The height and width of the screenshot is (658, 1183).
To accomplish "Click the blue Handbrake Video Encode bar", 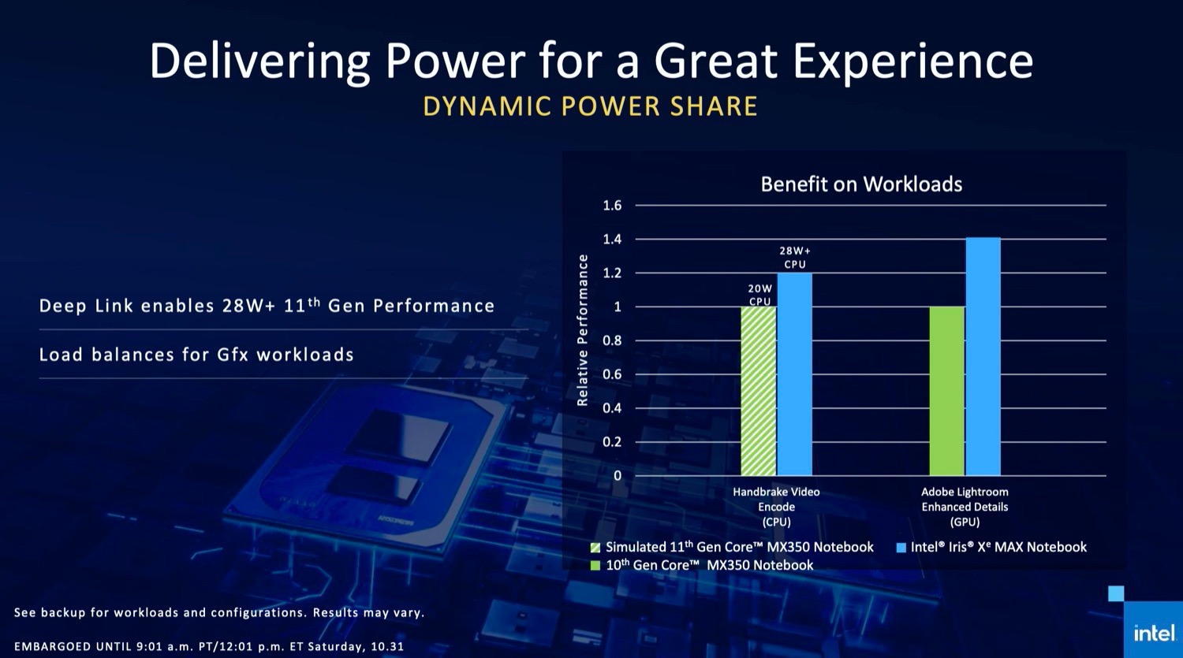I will click(794, 374).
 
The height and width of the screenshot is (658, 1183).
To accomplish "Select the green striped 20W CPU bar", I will click(759, 391).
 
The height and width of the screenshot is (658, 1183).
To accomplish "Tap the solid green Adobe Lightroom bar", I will click(946, 391).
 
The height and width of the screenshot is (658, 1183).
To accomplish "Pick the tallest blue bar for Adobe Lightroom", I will click(983, 356).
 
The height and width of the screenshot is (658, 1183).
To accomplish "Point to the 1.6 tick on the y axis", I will click(612, 206).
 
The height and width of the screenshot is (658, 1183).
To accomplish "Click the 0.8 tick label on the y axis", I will click(612, 340).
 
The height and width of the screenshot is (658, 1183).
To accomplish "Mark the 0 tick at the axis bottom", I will click(618, 476).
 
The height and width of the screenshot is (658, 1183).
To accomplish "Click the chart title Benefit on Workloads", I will click(861, 184).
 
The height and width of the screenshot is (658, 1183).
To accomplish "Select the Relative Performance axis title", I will click(583, 330).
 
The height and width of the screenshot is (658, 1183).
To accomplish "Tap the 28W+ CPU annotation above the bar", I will click(795, 258).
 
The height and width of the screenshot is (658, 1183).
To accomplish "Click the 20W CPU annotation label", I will click(760, 295).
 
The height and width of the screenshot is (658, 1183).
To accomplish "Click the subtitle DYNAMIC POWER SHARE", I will click(591, 106).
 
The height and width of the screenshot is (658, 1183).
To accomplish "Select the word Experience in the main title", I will click(912, 61).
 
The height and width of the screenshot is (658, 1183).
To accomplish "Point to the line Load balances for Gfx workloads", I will click(196, 355).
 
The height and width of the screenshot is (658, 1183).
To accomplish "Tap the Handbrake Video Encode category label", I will click(776, 507).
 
